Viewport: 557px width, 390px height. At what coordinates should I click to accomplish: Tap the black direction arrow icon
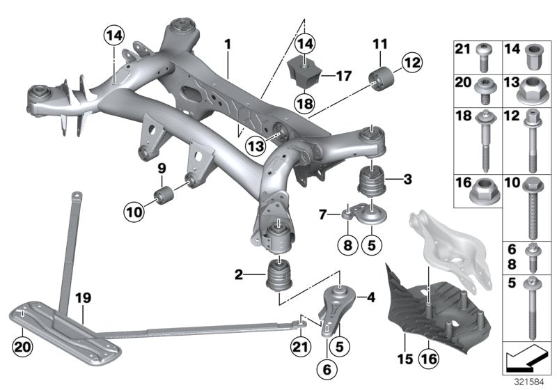[x=526, y=360]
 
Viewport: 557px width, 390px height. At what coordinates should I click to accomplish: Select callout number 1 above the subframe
[x=227, y=45]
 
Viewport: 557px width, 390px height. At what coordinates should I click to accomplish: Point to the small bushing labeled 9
[x=165, y=192]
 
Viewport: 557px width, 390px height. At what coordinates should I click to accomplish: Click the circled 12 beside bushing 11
[x=411, y=64]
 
